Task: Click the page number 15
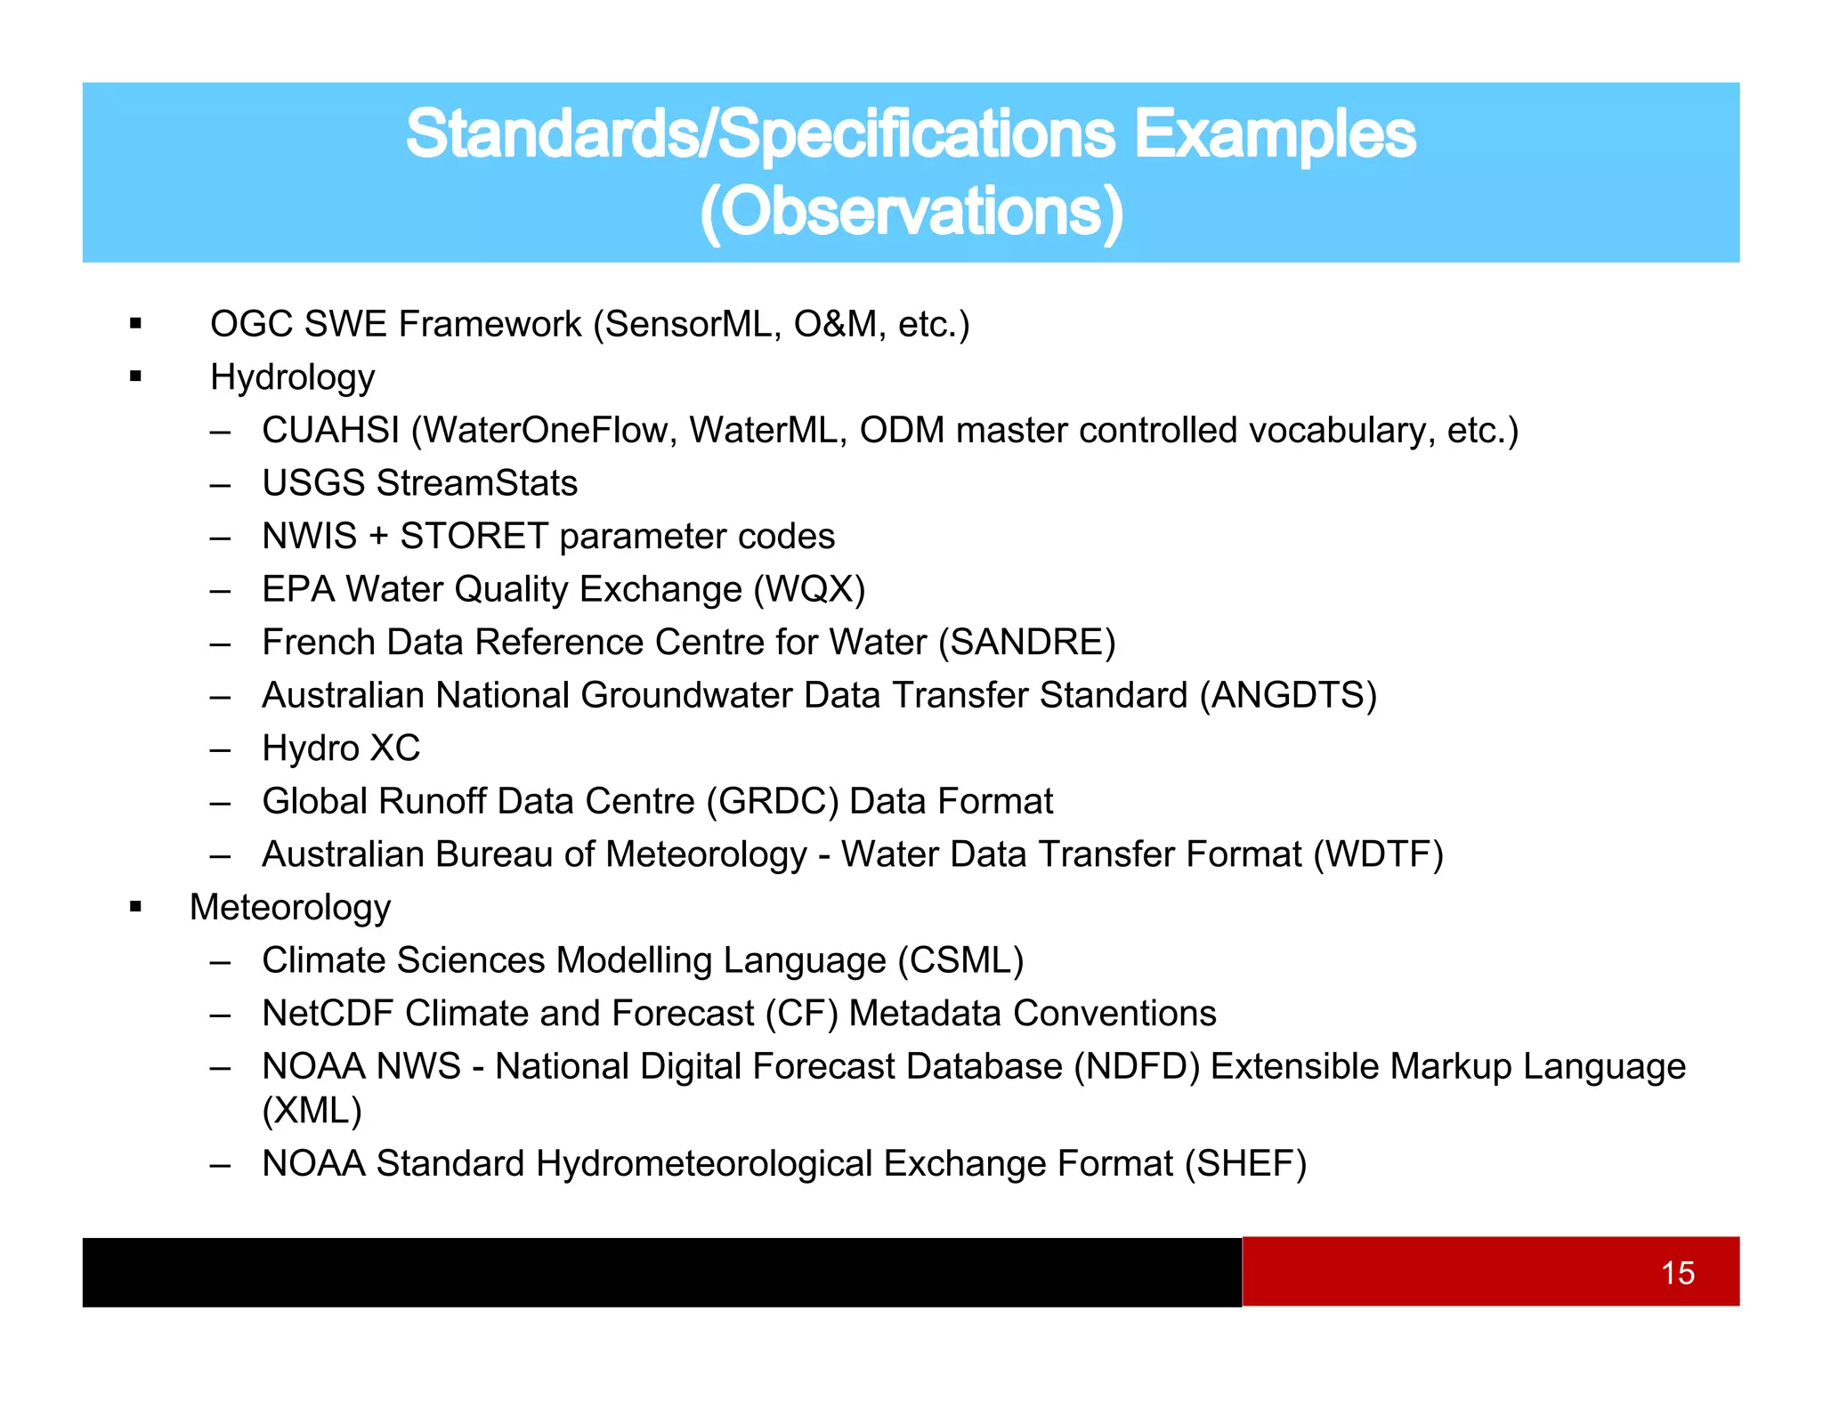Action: (1677, 1273)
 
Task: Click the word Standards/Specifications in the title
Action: (760, 135)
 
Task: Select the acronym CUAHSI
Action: (330, 431)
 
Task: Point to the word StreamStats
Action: (477, 483)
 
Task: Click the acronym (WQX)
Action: (809, 590)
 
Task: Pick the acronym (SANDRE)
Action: (1026, 643)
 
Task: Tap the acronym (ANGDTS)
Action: (1288, 696)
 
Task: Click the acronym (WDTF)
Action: (1378, 854)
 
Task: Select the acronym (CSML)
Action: (960, 961)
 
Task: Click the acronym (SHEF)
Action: (1245, 1164)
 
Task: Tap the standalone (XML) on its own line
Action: (312, 1111)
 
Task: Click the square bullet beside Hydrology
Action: (135, 376)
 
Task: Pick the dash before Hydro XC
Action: (220, 749)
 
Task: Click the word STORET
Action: (474, 537)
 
